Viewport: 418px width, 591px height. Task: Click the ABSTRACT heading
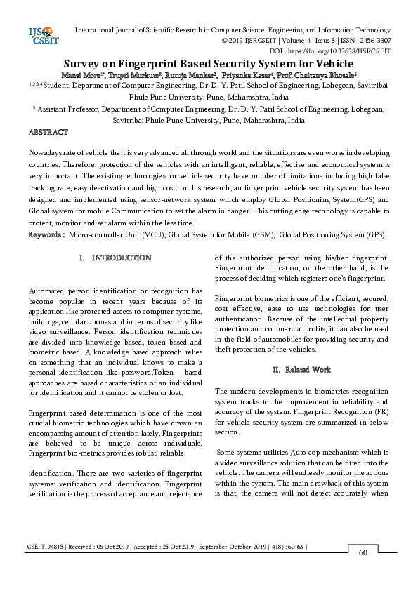[x=48, y=132]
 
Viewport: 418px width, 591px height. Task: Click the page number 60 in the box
[x=363, y=552]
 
